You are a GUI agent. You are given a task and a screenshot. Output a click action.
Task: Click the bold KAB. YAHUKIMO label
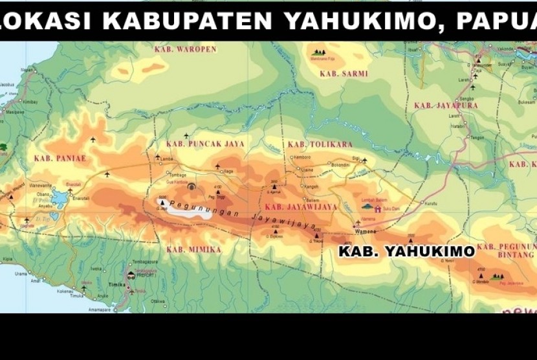click(406, 252)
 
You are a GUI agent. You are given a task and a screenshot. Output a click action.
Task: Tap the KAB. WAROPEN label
click(185, 49)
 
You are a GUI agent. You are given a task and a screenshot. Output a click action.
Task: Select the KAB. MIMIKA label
click(193, 249)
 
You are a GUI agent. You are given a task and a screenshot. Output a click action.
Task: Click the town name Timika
click(117, 285)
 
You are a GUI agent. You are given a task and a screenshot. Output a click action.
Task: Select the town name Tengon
click(477, 137)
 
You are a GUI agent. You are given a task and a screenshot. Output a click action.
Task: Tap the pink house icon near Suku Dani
click(378, 209)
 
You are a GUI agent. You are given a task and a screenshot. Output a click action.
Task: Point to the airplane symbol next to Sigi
click(364, 160)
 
